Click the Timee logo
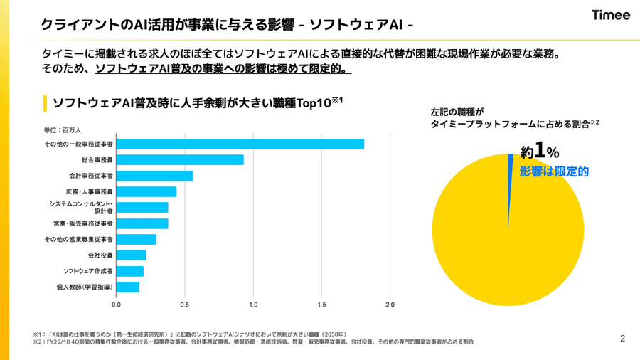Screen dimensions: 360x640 [610, 15]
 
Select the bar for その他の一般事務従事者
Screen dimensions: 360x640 [240, 144]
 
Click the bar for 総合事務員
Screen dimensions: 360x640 [180, 160]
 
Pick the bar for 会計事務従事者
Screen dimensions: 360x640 [154, 176]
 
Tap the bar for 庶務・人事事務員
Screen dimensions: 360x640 [146, 191]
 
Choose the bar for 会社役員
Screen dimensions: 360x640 [131, 255]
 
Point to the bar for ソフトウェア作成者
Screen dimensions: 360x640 [129, 271]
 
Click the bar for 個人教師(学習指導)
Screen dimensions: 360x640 [127, 287]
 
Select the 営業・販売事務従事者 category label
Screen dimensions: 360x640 [82, 223]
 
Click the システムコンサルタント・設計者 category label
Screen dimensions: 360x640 [80, 207]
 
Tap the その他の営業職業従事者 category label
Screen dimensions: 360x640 [78, 239]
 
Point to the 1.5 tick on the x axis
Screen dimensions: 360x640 [321, 305]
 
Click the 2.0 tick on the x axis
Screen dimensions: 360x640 [390, 305]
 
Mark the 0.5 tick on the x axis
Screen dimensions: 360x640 [184, 305]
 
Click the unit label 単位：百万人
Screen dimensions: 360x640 [63, 130]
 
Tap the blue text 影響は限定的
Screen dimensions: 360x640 [554, 171]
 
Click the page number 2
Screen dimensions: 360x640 [622, 338]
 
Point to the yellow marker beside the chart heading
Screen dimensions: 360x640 [46, 103]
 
